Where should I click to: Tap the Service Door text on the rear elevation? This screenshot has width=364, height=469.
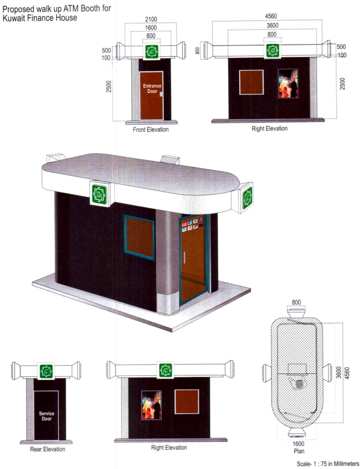coord(46,416)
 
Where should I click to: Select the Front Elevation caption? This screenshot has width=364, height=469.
coord(150,130)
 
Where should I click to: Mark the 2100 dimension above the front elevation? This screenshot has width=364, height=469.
coord(151,19)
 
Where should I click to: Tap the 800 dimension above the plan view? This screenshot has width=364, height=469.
coord(296,301)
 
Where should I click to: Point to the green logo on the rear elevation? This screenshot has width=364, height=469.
coord(46,371)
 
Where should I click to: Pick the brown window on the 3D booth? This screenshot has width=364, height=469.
coord(139,237)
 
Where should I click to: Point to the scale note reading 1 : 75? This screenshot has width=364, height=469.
coord(332,463)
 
